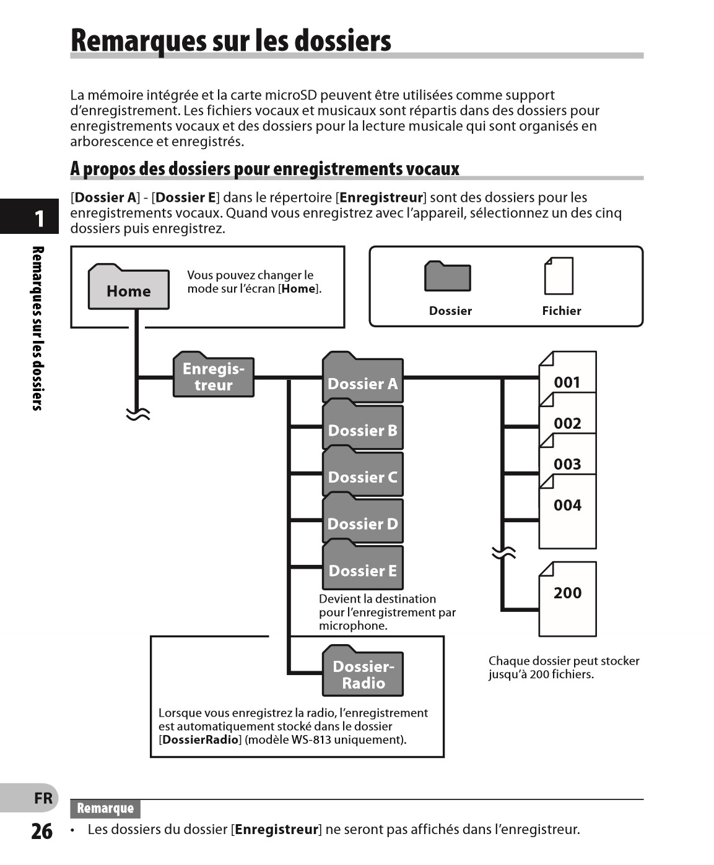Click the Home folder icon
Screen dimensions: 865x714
coord(128,288)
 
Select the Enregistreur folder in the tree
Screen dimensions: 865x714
coord(213,376)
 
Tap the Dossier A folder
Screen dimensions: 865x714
coord(362,380)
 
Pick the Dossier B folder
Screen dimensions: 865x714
coord(362,427)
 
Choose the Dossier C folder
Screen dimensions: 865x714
coord(362,474)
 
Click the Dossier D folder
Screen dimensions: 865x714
coord(362,520)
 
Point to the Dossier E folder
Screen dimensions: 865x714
coord(362,567)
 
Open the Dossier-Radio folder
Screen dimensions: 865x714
coord(363,673)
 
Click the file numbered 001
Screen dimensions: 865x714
coord(567,377)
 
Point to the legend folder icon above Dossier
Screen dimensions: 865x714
coord(447,276)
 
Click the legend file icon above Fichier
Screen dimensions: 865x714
coord(559,276)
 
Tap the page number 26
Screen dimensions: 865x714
coord(41,831)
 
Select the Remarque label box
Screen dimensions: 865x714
coord(105,808)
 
